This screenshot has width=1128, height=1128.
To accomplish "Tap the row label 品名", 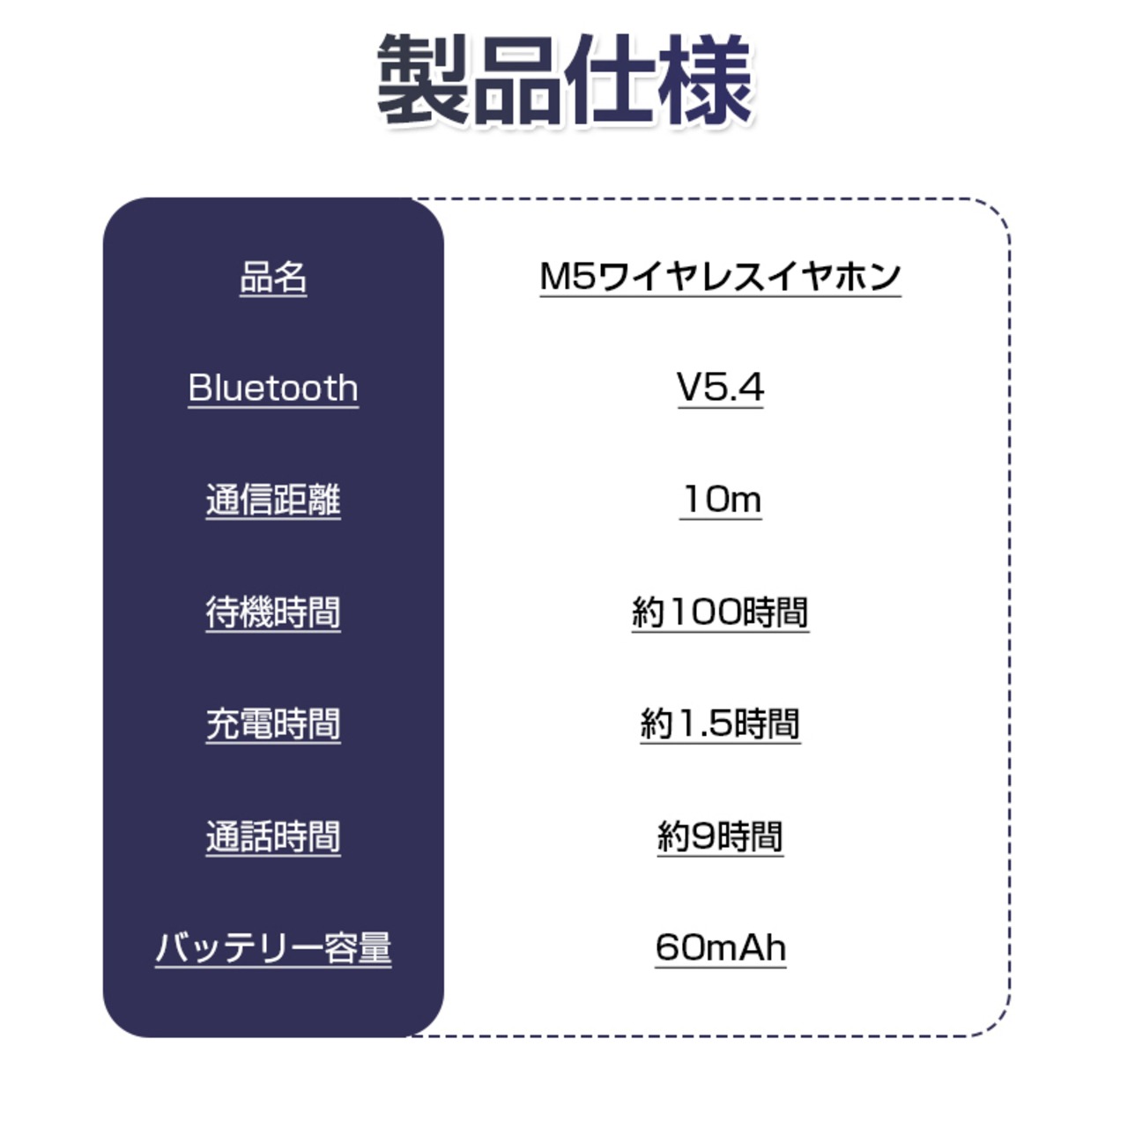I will point(273,277).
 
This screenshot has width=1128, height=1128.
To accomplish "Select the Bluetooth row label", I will point(273,388).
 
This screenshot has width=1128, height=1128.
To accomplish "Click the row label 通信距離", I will point(273,500).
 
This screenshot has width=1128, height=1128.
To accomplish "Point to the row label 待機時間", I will point(273,612).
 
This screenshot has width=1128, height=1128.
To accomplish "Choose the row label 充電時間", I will point(273,724).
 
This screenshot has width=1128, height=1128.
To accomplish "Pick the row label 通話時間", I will point(273,835).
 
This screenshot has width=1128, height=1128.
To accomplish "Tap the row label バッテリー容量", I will point(273,947).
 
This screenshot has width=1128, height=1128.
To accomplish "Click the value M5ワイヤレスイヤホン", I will point(720,277).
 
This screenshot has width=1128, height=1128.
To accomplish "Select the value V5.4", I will point(720,388).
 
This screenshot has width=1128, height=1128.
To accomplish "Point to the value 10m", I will point(720,500).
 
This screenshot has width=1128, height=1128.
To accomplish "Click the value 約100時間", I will point(720,612).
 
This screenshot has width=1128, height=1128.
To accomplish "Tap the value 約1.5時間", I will point(720,724).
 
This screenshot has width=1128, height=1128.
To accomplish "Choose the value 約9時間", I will point(720,835).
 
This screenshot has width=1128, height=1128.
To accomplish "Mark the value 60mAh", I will point(720,947).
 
